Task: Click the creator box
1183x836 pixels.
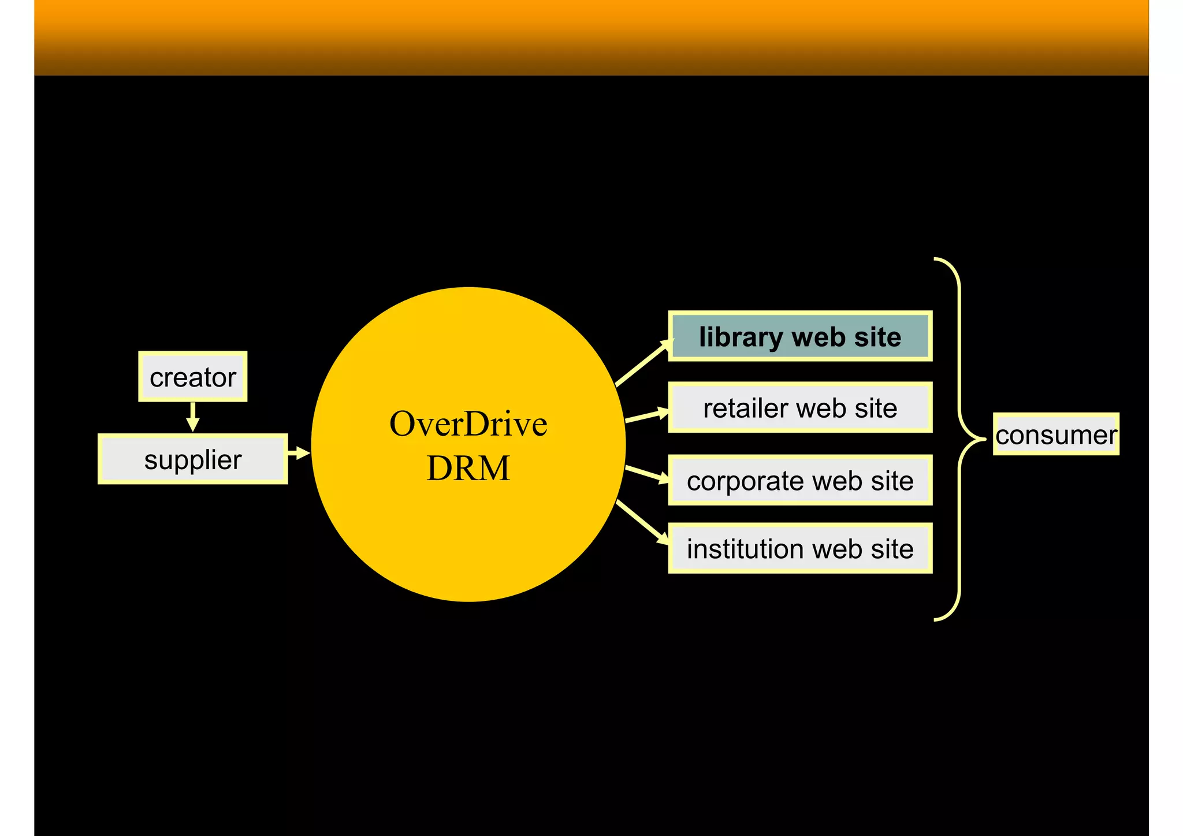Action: pyautogui.click(x=192, y=377)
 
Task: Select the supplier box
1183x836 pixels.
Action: pyautogui.click(x=192, y=459)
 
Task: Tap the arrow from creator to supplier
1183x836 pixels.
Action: pyautogui.click(x=193, y=417)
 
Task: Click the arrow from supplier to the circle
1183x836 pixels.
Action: pyautogui.click(x=299, y=452)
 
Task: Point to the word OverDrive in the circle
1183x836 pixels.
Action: pyautogui.click(x=468, y=423)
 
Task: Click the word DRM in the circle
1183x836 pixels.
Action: pyautogui.click(x=468, y=467)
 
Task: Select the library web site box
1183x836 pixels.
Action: pyautogui.click(x=800, y=336)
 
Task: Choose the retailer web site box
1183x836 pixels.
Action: pyautogui.click(x=800, y=408)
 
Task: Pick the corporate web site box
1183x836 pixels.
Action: pyautogui.click(x=800, y=480)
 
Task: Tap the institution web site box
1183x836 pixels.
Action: pyautogui.click(x=800, y=548)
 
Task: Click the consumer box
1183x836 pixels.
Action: pyautogui.click(x=1056, y=434)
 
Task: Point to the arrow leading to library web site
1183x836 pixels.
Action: pyautogui.click(x=643, y=363)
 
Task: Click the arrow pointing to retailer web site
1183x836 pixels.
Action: pyautogui.click(x=647, y=415)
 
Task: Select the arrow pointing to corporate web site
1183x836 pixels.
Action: pyautogui.click(x=647, y=474)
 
